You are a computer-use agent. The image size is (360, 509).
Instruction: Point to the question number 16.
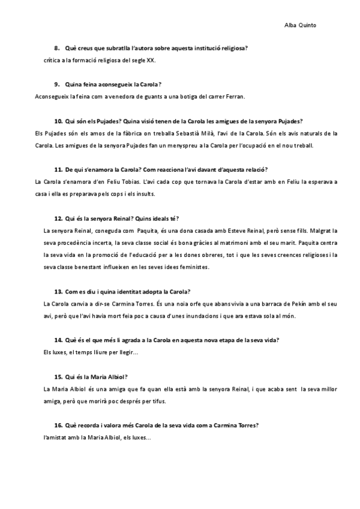58,425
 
